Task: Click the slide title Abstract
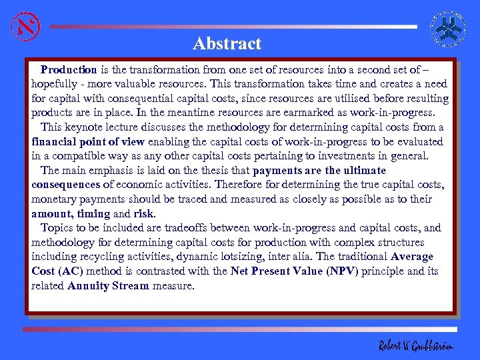227,44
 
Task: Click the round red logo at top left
25,27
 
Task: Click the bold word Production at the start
69,69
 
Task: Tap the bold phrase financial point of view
88,141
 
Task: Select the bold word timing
93,214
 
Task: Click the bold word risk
143,214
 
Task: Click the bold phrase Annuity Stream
108,286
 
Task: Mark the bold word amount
51,214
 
